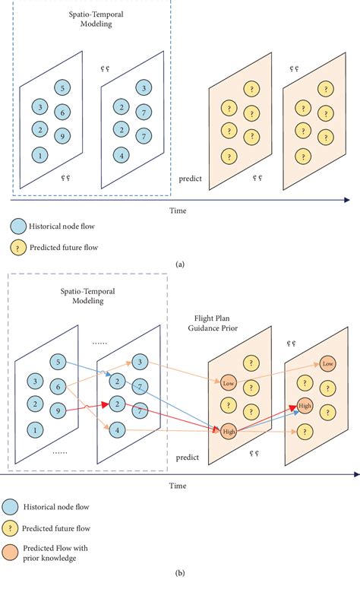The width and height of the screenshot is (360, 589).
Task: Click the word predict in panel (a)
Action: (x=190, y=179)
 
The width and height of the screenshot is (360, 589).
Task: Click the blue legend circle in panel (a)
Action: (x=15, y=226)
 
